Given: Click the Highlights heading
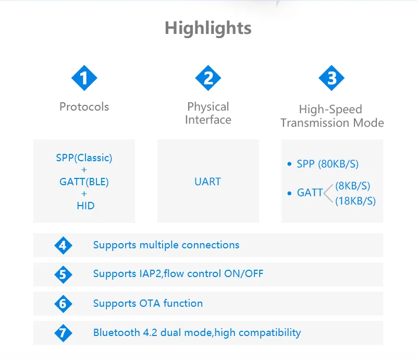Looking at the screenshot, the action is pos(208,28).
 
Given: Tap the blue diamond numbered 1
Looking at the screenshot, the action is pos(84,79).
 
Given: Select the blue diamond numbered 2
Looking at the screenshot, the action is pos(208,79).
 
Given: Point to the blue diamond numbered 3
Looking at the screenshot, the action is pos(332,79).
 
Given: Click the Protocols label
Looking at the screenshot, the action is pos(84,107).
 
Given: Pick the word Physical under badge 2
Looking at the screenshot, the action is pos(208,107).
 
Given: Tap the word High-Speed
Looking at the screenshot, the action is pos(330,110).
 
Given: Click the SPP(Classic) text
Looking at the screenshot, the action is pos(84,158).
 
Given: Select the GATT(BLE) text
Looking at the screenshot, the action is pos(84,182).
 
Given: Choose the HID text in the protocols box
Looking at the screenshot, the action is pos(85,206).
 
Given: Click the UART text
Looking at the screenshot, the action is pos(207,182).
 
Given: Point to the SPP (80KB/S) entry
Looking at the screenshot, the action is pos(327,164).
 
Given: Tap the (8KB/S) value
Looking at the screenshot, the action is pos(352,186).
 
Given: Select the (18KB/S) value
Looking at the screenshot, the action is pos(355,201).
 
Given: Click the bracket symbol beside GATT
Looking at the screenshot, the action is pos(328,193).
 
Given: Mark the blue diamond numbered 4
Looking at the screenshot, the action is pos(63,245).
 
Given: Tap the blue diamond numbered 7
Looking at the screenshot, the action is pos(63,333).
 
